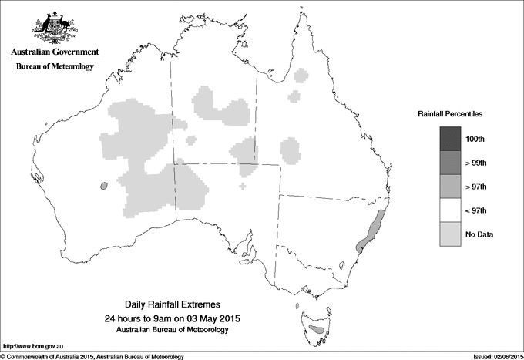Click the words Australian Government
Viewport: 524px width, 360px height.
(x=55, y=52)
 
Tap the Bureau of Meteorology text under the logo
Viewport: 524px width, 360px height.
(x=55, y=67)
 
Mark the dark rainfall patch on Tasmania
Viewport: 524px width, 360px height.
(x=315, y=331)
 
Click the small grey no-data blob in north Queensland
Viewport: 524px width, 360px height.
(x=294, y=96)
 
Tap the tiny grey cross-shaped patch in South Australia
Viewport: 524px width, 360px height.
(x=244, y=186)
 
